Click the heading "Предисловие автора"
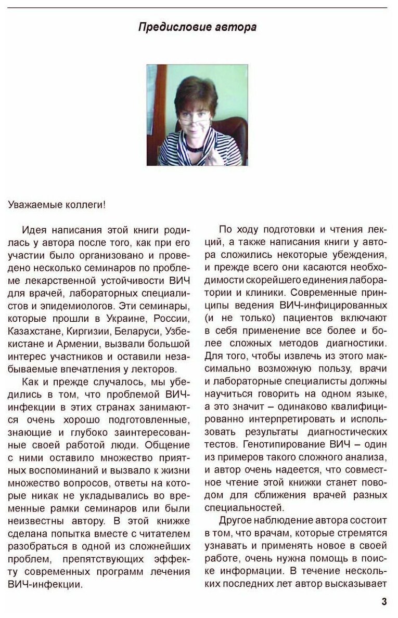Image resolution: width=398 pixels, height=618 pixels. [197, 28]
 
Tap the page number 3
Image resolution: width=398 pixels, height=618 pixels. [384, 601]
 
